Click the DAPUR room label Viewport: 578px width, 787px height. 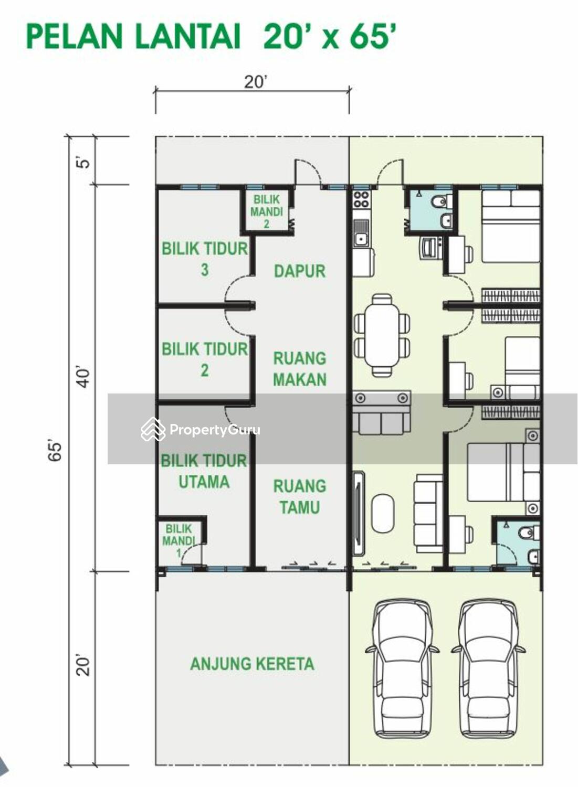(300, 271)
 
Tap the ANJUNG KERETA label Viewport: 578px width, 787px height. (252, 664)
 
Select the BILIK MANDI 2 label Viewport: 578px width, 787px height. (267, 211)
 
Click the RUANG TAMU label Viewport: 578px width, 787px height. (300, 497)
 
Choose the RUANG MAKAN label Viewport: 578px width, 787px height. (300, 369)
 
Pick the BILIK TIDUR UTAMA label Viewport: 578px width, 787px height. (204, 471)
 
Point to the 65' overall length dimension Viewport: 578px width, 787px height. (56, 450)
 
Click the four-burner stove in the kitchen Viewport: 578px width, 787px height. (361, 199)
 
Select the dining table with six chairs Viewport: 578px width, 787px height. (382, 335)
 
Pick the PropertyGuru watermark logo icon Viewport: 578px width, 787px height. (153, 429)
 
